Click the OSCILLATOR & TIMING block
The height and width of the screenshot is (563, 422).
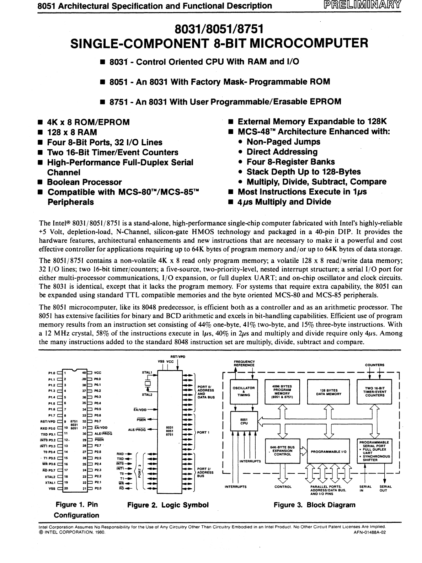pyautogui.click(x=244, y=391)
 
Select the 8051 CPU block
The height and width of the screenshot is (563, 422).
pyautogui.click(x=244, y=421)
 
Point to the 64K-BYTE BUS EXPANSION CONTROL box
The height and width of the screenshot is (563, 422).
pyautogui.click(x=283, y=451)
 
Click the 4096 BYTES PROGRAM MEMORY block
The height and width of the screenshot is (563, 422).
pyautogui.click(x=282, y=391)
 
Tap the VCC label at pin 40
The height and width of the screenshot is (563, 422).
pyautogui.click(x=98, y=373)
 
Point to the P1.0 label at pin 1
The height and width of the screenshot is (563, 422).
pyautogui.click(x=52, y=373)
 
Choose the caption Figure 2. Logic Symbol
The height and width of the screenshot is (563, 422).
pyautogui.click(x=167, y=505)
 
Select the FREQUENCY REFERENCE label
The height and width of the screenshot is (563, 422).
pyautogui.click(x=244, y=363)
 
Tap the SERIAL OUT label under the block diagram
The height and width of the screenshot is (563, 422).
pyautogui.click(x=385, y=489)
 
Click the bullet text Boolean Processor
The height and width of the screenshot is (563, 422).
pyautogui.click(x=84, y=182)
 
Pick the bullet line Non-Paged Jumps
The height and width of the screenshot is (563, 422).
pyautogui.click(x=283, y=142)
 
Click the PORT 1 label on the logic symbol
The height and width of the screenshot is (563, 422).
pyautogui.click(x=203, y=433)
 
